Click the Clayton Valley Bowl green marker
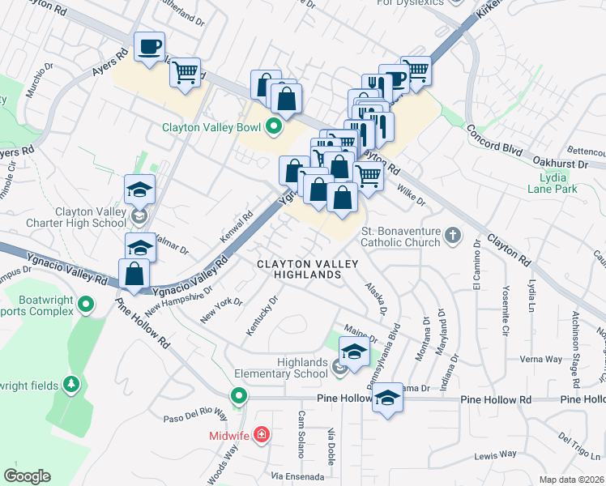click(x=274, y=126)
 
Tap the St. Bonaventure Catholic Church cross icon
click(x=452, y=236)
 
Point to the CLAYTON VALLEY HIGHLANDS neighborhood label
click(x=299, y=270)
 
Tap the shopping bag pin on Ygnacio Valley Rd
click(x=134, y=274)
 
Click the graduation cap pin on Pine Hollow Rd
click(x=388, y=397)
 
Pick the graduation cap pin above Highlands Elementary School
click(x=354, y=352)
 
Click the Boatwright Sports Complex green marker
click(x=87, y=305)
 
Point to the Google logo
click(x=27, y=476)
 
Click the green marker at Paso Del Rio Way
click(x=238, y=396)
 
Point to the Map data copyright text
click(x=571, y=480)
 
